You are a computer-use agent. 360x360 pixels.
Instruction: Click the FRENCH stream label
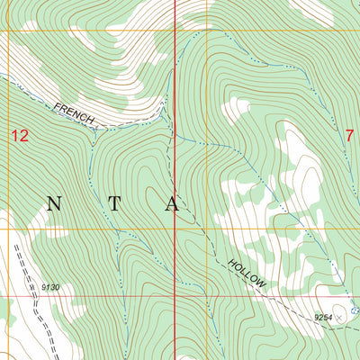(x=75, y=113)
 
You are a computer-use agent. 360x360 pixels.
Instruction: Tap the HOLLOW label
(x=247, y=273)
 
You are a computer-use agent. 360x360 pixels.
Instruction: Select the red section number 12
(x=20, y=136)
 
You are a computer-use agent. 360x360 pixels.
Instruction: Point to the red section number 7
(x=349, y=135)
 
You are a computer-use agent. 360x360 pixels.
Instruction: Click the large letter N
(x=54, y=204)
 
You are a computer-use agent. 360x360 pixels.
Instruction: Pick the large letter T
(x=112, y=204)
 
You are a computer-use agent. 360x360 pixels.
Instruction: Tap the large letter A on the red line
(x=173, y=204)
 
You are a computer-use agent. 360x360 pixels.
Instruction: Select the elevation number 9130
(x=49, y=287)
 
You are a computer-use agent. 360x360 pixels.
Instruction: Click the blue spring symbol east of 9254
(x=355, y=310)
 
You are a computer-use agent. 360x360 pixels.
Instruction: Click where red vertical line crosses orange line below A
(x=174, y=230)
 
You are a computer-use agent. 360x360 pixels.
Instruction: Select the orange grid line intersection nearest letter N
(x=10, y=230)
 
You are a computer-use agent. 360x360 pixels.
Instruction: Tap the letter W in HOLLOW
(x=262, y=284)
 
